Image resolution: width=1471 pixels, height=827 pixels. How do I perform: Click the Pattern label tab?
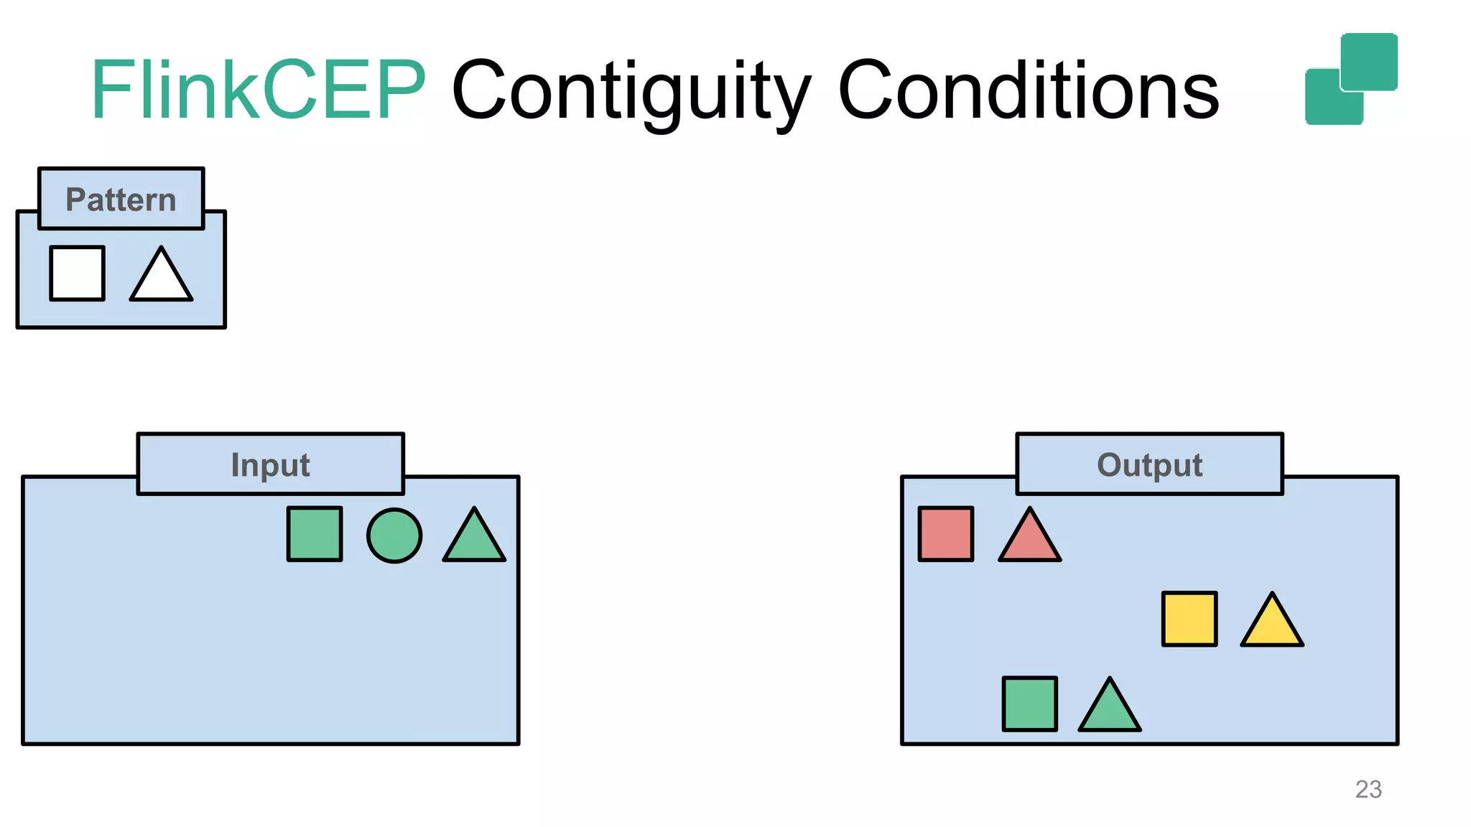click(x=121, y=199)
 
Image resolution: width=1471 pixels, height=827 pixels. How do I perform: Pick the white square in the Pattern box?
click(x=78, y=274)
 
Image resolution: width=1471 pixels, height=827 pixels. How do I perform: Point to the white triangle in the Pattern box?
click(x=161, y=279)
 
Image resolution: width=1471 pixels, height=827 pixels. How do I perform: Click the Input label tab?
click(x=271, y=464)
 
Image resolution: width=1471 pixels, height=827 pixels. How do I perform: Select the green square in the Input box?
click(x=315, y=534)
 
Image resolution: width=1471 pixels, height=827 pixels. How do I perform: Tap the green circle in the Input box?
click(x=394, y=536)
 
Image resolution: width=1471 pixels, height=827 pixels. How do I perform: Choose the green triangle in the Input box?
click(x=474, y=540)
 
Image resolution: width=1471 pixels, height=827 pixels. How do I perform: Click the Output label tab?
click(x=1149, y=464)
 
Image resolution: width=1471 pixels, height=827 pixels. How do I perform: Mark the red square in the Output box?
click(x=946, y=534)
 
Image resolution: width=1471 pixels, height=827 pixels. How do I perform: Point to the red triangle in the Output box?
click(x=1029, y=540)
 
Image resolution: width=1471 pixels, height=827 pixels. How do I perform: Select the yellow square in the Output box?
click(x=1189, y=619)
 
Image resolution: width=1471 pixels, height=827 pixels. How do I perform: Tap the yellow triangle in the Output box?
click(x=1272, y=625)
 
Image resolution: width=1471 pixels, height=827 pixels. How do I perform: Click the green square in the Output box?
click(x=1030, y=704)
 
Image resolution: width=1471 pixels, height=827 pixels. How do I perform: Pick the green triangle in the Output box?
click(x=1110, y=710)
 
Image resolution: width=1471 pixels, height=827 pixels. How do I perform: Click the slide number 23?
click(x=1368, y=790)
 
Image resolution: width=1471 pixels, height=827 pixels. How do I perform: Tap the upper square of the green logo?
click(x=1369, y=62)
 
